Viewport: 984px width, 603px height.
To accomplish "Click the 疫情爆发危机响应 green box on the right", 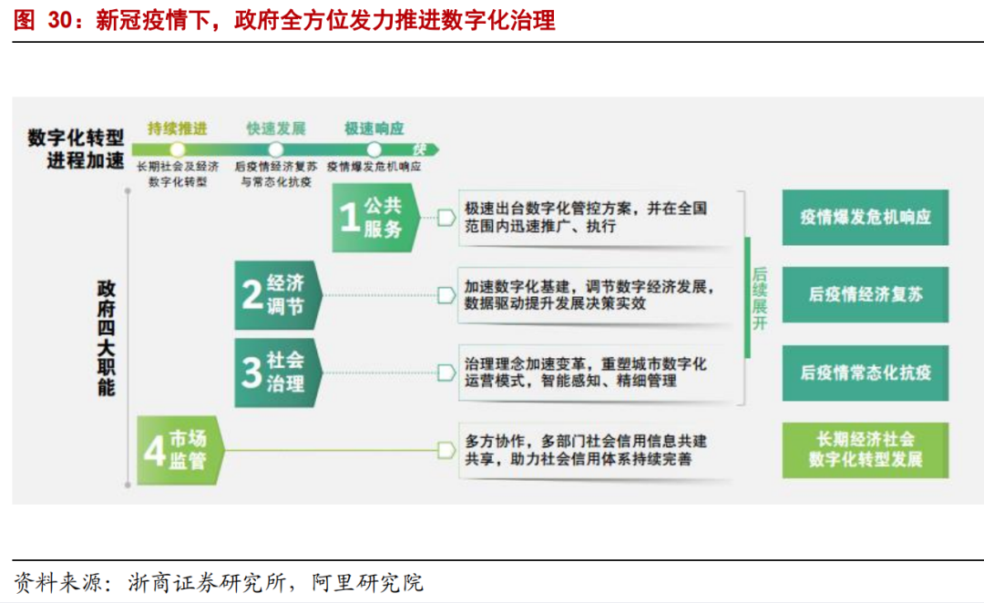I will point(865,218).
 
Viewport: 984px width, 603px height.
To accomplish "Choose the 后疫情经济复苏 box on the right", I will point(865,295).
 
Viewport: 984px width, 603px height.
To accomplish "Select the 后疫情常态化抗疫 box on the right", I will point(865,373).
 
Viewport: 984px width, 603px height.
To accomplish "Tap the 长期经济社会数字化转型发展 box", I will point(865,450).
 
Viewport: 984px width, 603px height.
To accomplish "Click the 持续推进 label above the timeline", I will point(178,128).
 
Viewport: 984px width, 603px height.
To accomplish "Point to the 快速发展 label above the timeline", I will point(276,128).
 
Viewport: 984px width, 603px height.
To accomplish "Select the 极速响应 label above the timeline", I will point(374,128).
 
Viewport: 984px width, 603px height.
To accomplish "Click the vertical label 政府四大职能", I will point(107,337).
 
